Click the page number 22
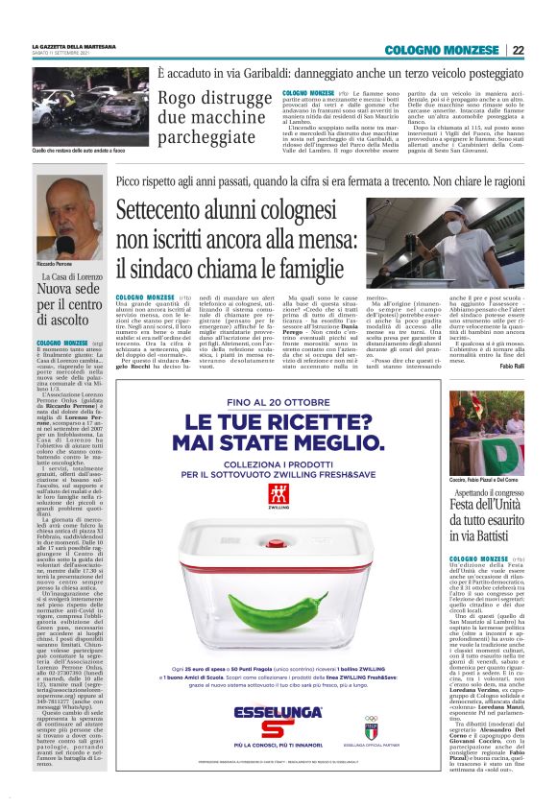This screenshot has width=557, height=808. [x=518, y=50]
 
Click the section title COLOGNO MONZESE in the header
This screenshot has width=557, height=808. [x=460, y=50]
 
